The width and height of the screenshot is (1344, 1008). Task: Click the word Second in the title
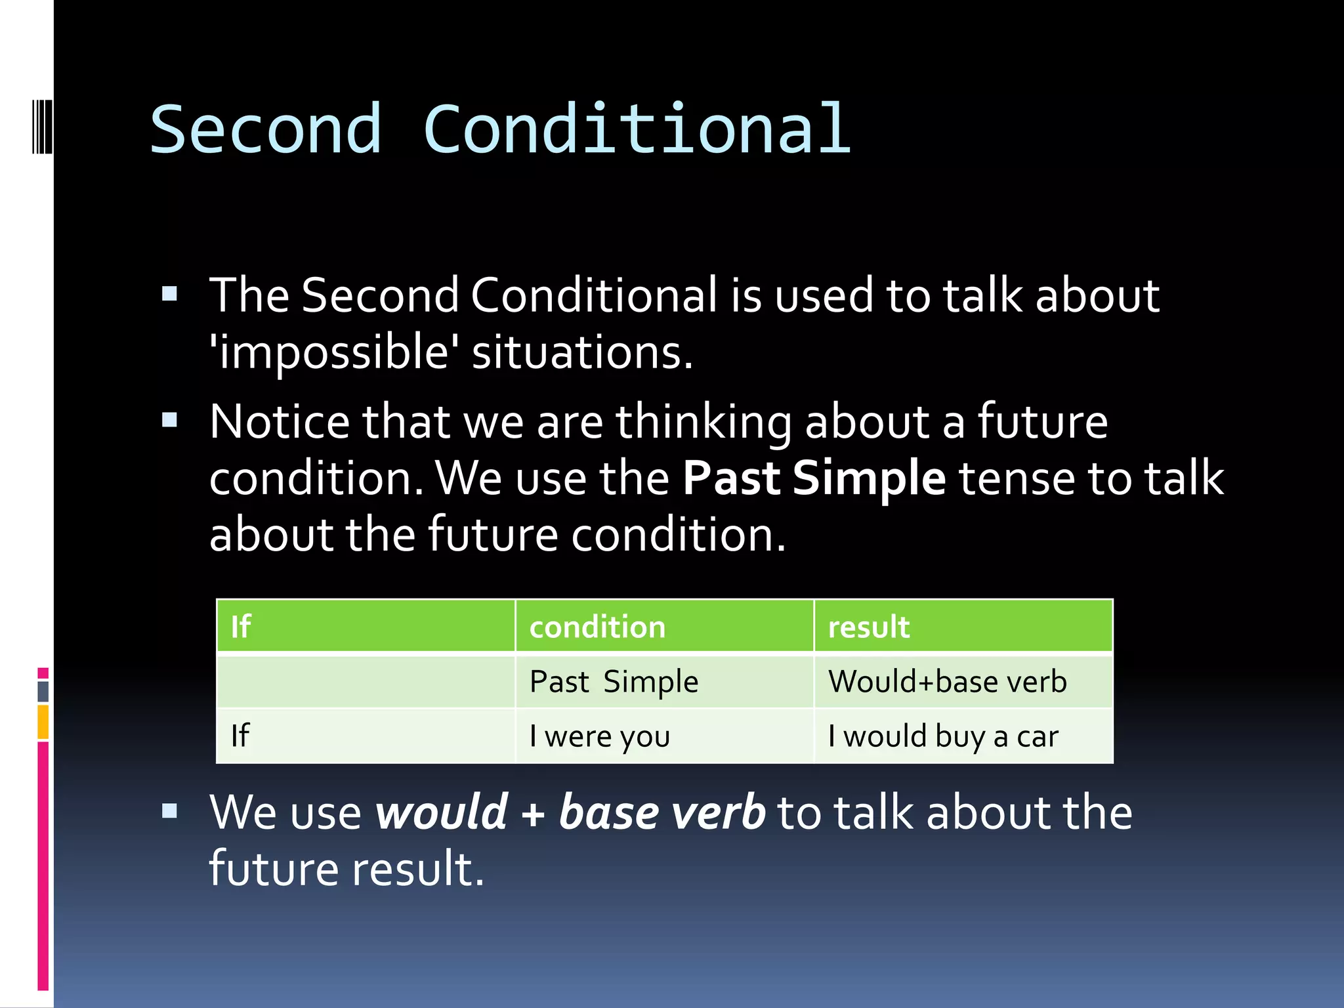click(x=266, y=130)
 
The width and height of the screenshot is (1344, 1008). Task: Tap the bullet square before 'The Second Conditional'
click(x=170, y=293)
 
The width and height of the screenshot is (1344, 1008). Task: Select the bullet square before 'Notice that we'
click(x=170, y=419)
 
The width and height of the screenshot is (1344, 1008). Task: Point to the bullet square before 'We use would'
click(x=170, y=811)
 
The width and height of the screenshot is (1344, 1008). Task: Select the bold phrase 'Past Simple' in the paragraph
click(x=814, y=478)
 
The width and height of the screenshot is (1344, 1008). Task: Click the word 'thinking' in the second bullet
click(x=703, y=421)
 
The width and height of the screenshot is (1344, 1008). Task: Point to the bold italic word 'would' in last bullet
click(x=441, y=812)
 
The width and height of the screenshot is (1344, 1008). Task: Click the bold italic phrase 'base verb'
click(x=661, y=812)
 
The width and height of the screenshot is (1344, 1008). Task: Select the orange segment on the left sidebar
click(x=43, y=722)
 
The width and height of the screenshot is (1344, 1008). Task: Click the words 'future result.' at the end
click(x=346, y=869)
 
